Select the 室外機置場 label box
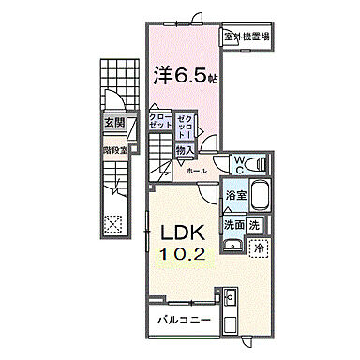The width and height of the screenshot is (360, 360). pyautogui.click(x=247, y=37)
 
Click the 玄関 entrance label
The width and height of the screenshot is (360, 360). pyautogui.click(x=113, y=122)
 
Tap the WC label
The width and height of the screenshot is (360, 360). pyautogui.click(x=239, y=166)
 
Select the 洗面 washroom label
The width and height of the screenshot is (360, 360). pyautogui.click(x=233, y=225)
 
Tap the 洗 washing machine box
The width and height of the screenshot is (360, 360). pyautogui.click(x=256, y=225)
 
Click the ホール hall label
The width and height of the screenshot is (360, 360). pyautogui.click(x=196, y=172)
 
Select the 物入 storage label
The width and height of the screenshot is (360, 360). pyautogui.click(x=184, y=150)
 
